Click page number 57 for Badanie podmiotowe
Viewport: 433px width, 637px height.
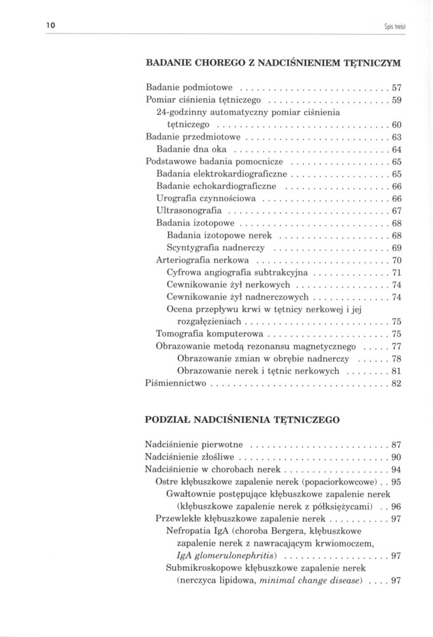pyautogui.click(x=397, y=86)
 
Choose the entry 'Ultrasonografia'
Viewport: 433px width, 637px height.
pyautogui.click(x=188, y=210)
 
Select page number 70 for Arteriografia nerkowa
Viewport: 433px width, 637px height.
pyautogui.click(x=397, y=260)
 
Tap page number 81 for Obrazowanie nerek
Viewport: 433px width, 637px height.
pyautogui.click(x=397, y=370)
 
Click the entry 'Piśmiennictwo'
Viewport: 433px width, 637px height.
pyautogui.click(x=175, y=383)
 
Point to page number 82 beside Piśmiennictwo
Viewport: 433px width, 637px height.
pyautogui.click(x=397, y=383)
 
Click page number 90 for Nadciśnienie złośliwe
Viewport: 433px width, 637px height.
pyautogui.click(x=397, y=457)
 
